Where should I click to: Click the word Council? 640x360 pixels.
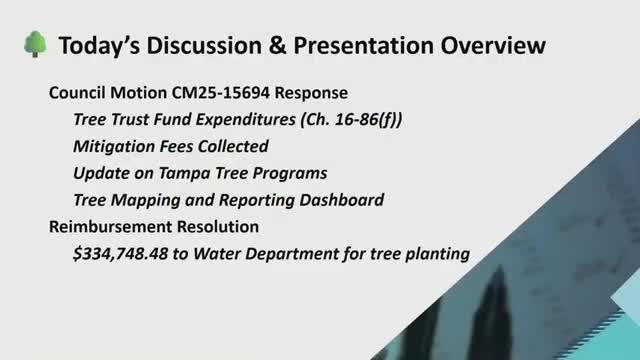pos(81,93)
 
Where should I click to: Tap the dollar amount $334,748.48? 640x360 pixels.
pos(123,254)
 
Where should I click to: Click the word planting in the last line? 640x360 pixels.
pos(436,254)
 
